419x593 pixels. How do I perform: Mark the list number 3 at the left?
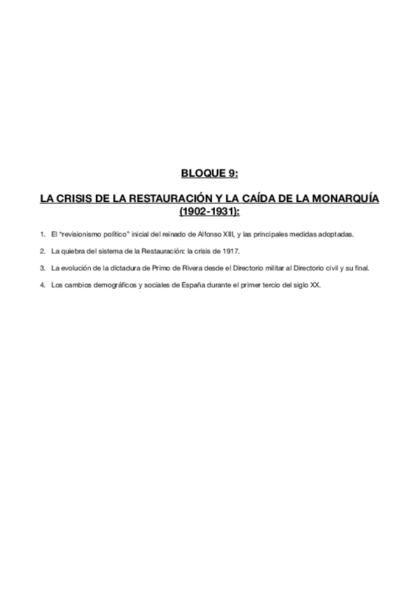point(42,267)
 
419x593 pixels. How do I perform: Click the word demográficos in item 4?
point(107,284)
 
